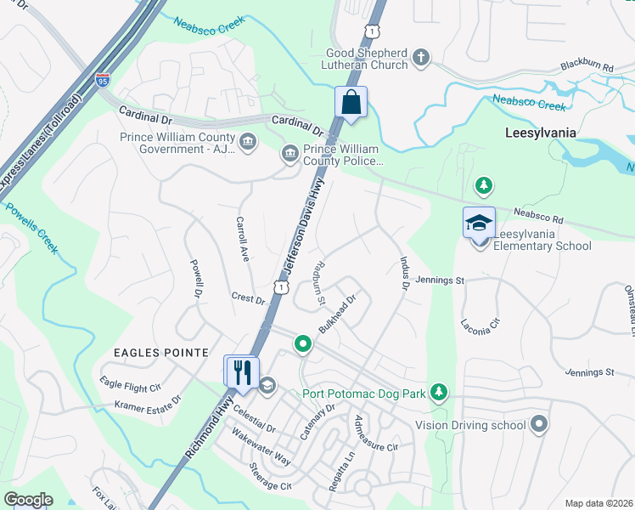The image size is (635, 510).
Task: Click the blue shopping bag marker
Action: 351,103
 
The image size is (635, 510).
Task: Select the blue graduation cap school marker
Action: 479,223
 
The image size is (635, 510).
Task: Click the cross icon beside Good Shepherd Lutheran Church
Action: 420,58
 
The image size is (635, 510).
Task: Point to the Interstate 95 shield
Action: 102,80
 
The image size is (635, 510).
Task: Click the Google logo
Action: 28,500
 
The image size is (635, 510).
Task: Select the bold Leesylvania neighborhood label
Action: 540,133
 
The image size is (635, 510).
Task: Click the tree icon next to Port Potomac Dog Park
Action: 438,392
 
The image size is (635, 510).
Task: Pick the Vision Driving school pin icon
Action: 538,425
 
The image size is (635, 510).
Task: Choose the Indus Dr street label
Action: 403,275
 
